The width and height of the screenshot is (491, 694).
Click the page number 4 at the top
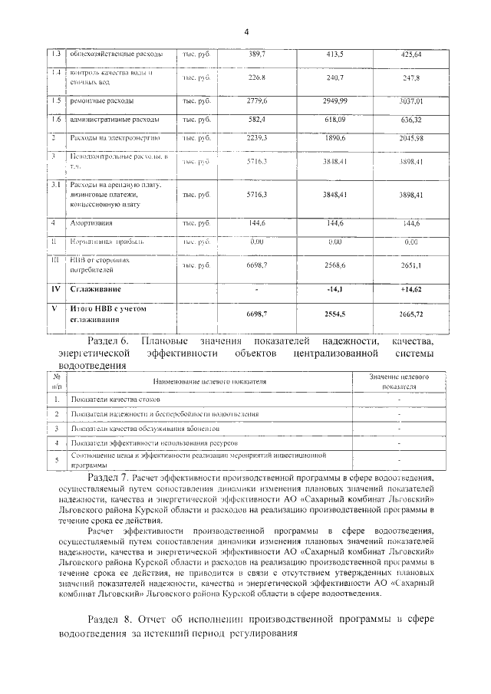[246, 31]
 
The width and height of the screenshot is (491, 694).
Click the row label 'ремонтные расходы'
[101, 100]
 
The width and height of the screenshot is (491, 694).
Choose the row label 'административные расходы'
[114, 120]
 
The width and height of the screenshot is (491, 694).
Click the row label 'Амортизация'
[93, 223]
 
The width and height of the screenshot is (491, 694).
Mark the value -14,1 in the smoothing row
[336, 291]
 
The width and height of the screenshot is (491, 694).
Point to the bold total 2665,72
[410, 314]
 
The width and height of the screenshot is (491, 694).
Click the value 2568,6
[336, 265]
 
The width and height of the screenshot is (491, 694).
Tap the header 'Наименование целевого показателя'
[209, 381]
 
